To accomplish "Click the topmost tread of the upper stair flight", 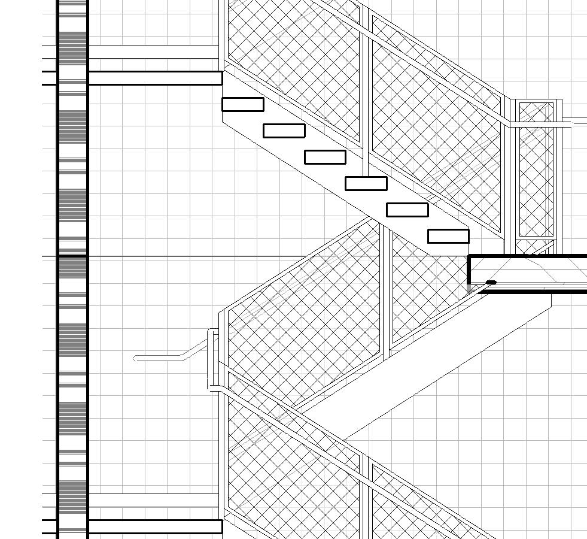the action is click(x=243, y=104).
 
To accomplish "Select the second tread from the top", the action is click(x=284, y=131).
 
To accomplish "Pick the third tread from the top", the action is click(x=325, y=157).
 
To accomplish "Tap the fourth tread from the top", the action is click(x=366, y=183).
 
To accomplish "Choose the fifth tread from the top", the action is click(x=407, y=210).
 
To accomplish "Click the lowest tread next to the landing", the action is click(x=448, y=236).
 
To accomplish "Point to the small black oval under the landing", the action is click(x=491, y=283).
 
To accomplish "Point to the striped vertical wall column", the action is click(x=72, y=269).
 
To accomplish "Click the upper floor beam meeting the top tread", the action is click(x=154, y=78).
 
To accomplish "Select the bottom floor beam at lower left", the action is click(x=154, y=526).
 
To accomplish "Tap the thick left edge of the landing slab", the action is click(x=470, y=270).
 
